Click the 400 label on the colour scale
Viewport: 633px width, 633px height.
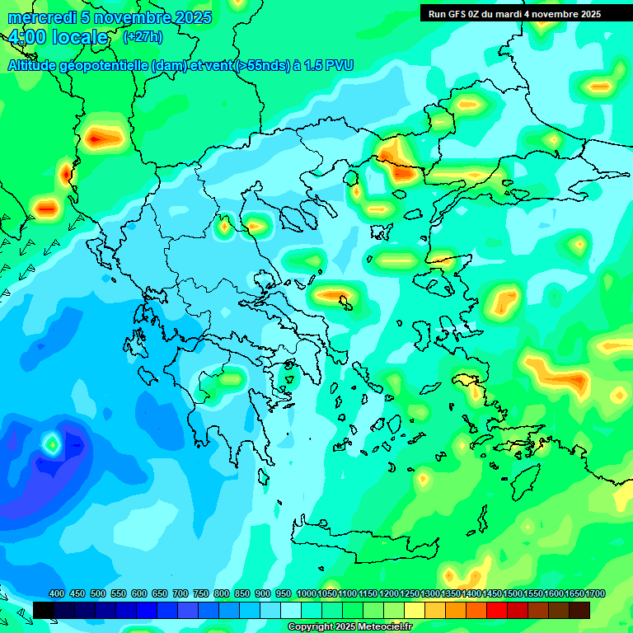(x=57, y=593)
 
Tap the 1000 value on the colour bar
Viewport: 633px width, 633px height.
(x=307, y=593)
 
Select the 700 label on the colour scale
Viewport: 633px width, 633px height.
(x=181, y=593)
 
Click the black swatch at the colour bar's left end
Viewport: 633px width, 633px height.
(x=44, y=610)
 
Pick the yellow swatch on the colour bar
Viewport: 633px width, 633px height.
(x=415, y=610)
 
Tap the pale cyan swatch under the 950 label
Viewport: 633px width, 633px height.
(x=291, y=610)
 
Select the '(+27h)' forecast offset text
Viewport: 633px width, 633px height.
(x=143, y=37)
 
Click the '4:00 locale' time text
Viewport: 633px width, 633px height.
(x=58, y=38)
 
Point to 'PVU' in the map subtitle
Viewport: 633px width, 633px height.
(x=340, y=65)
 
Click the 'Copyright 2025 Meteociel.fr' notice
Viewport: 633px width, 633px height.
(x=349, y=627)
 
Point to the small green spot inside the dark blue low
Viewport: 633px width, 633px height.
(x=52, y=443)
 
